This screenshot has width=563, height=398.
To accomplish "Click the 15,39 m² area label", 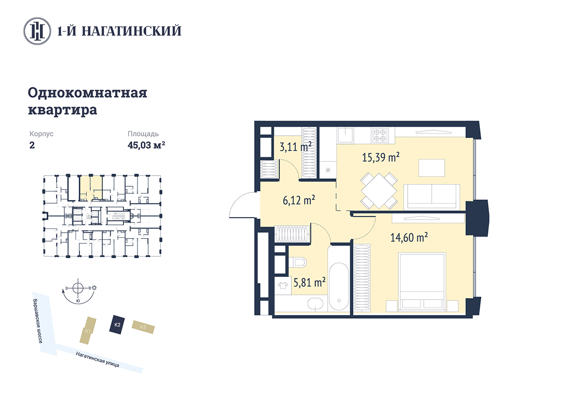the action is [380, 157].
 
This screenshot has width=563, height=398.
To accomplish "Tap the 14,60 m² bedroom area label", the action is [409, 237].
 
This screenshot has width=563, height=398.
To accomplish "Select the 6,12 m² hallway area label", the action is [299, 200].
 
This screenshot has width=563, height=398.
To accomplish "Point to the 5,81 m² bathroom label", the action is [310, 283].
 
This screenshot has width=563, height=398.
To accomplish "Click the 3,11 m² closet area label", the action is [296, 146].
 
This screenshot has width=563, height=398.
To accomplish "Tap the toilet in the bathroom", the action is [297, 263].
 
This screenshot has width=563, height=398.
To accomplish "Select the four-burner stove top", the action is [379, 135].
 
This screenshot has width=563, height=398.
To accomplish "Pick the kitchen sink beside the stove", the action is [345, 135].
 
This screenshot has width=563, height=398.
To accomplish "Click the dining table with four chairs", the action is [379, 191].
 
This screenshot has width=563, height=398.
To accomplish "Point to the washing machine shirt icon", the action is [283, 285].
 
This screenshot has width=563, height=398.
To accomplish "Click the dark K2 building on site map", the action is [117, 324].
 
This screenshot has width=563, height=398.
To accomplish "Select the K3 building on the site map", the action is [143, 327].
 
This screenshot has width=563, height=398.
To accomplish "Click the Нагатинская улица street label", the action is [98, 360].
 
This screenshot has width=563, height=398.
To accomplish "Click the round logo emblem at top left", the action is [37, 31].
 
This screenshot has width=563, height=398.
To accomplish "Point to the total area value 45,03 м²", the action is [146, 145].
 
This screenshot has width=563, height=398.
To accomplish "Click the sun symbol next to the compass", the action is [94, 288].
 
